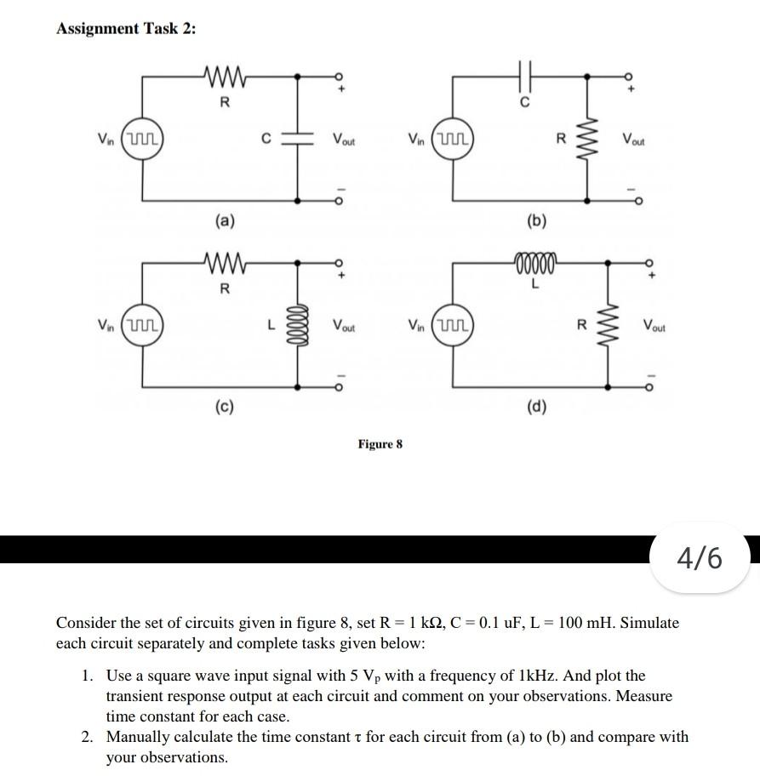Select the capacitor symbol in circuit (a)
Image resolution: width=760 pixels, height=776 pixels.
coord(297,138)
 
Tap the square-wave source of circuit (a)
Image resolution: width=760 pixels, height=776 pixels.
coord(142,138)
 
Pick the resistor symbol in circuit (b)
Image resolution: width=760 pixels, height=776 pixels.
coord(586,139)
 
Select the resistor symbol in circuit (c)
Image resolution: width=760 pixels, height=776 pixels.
coord(225,265)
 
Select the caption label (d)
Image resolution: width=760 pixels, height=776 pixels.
coord(536,408)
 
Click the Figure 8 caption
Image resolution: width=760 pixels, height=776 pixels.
coord(380,444)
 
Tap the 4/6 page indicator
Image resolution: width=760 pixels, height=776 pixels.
coord(699,558)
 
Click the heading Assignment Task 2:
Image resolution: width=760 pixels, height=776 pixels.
coord(125,28)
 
